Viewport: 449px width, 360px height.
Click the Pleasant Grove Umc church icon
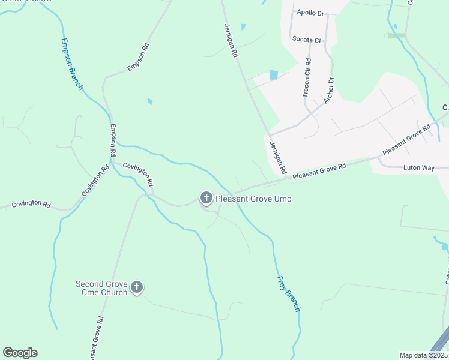click(206, 197)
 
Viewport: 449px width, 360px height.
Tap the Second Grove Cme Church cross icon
click(137, 287)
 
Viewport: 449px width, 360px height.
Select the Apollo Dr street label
click(310, 12)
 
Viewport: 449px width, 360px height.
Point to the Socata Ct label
click(307, 40)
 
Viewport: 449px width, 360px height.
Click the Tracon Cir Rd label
click(307, 78)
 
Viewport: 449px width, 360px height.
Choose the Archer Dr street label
click(328, 90)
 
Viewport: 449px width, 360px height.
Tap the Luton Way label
click(418, 167)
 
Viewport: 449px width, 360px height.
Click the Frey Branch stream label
click(288, 293)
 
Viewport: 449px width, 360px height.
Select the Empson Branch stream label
click(72, 64)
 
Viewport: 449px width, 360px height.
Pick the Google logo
click(20, 352)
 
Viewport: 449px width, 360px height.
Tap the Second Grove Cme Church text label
click(101, 288)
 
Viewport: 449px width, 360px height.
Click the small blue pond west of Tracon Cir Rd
click(274, 75)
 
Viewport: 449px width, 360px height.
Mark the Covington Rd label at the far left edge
click(31, 203)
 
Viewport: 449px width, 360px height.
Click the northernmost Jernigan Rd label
click(231, 41)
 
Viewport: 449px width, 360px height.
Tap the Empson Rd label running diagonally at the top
click(138, 58)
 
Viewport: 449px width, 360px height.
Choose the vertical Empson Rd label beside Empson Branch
click(112, 142)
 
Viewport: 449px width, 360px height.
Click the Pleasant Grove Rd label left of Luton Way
click(320, 171)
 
